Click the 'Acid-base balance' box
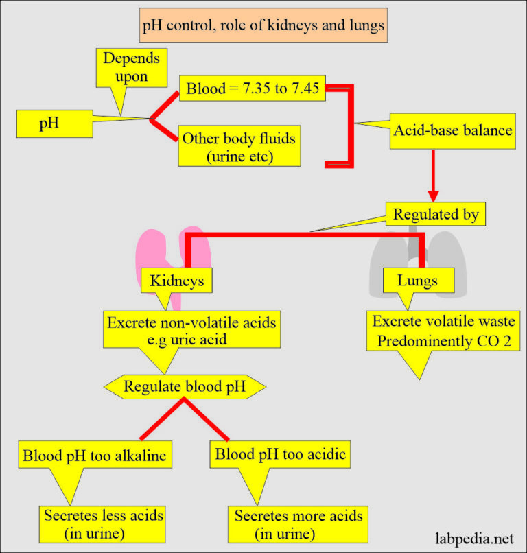[453, 128]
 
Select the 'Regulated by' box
[434, 214]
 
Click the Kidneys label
[177, 280]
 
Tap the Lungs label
[417, 280]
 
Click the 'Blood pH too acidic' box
[281, 454]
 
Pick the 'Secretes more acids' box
[298, 523]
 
